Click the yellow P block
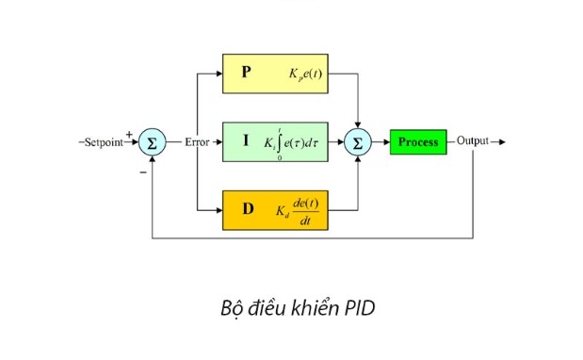pos(274,73)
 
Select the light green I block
pos(274,142)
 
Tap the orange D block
pos(274,210)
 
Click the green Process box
pos(418,142)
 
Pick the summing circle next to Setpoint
pos(151,142)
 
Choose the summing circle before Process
pos(357,142)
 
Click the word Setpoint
pos(103,142)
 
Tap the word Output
pos(473,142)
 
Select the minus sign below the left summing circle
pos(143,172)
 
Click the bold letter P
pos(246,72)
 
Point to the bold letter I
pos(246,140)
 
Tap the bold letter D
pos(248,209)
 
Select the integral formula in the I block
pos(293,142)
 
